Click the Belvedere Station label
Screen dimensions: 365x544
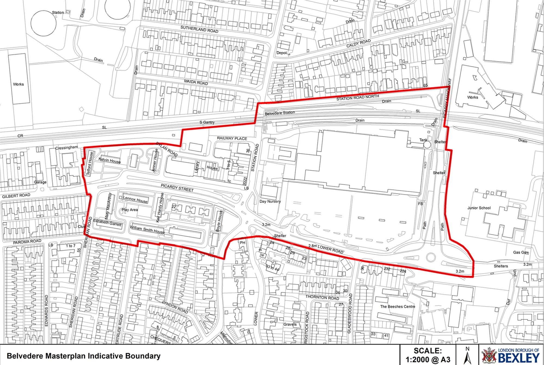[280, 113]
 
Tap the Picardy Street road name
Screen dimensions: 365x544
[177, 188]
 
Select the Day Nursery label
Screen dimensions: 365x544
[270, 202]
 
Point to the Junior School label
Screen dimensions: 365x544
[479, 208]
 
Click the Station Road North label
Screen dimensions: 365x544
[358, 98]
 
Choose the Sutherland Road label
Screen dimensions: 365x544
[199, 29]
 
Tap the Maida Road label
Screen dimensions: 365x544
[196, 82]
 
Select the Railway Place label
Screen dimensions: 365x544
[232, 138]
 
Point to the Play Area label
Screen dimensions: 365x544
[130, 210]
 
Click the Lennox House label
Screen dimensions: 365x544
[135, 199]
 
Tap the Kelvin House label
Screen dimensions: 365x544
[110, 160]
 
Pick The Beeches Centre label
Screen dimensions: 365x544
[398, 306]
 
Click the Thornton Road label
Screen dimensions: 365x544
[322, 297]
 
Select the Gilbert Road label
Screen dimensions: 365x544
[16, 196]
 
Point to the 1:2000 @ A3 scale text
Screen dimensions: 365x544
[428, 360]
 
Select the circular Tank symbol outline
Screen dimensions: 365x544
[427, 144]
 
